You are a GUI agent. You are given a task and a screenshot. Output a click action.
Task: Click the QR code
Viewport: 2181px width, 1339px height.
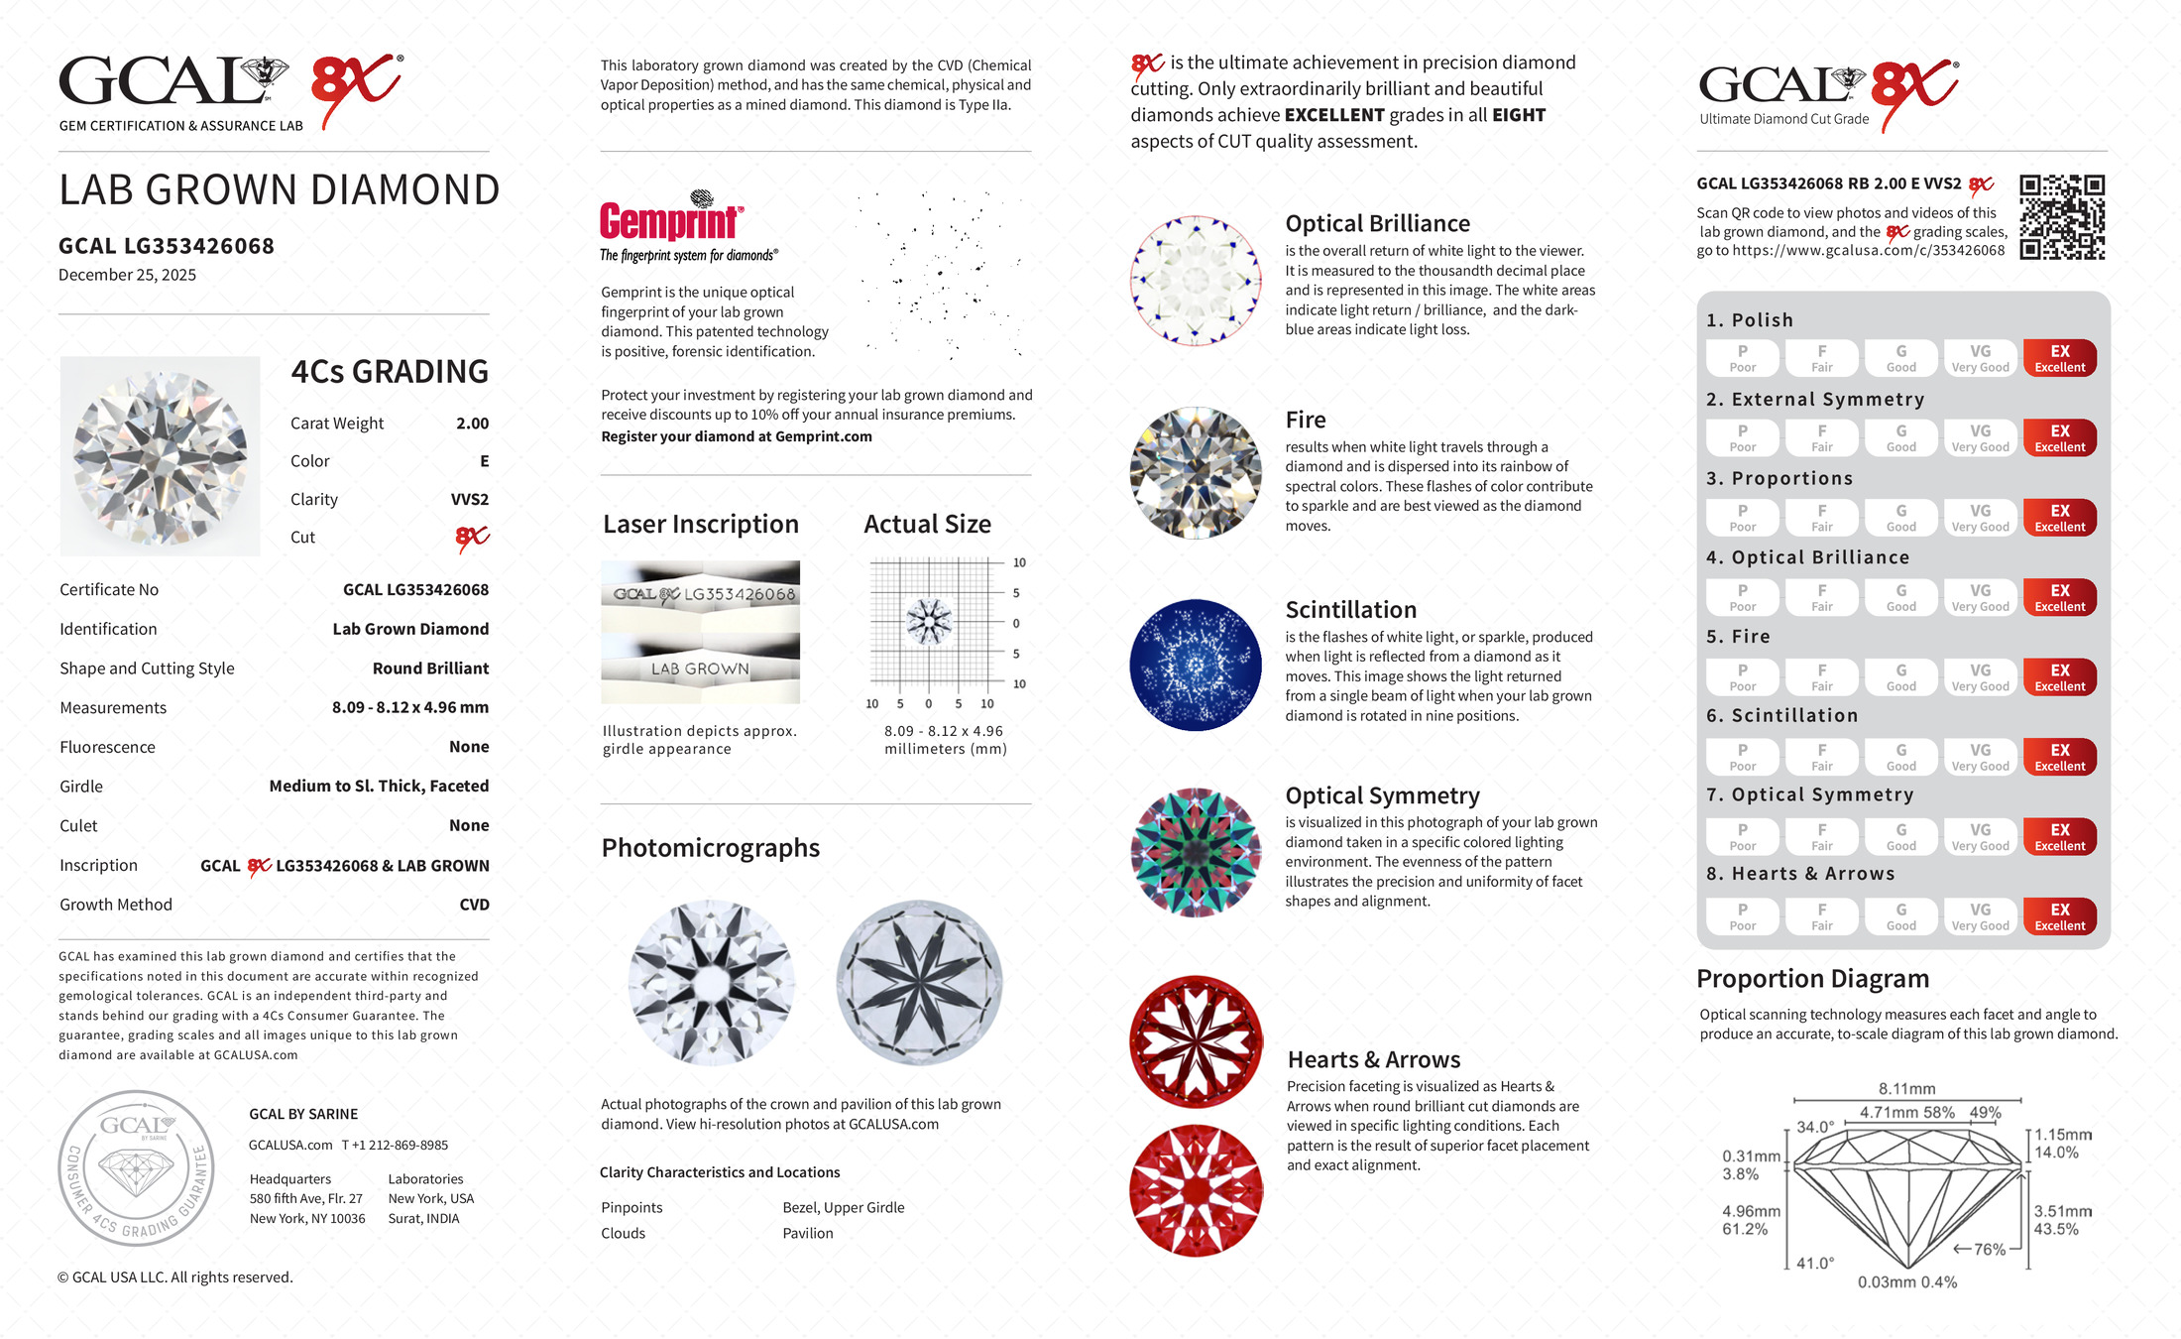[x=2062, y=217]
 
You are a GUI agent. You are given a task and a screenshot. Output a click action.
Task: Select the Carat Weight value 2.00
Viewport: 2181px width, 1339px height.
[x=472, y=424]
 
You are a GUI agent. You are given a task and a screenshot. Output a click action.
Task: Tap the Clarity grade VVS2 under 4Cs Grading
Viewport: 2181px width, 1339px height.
[x=470, y=500]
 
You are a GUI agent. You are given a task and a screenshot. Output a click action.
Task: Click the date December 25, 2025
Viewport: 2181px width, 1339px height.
[x=127, y=275]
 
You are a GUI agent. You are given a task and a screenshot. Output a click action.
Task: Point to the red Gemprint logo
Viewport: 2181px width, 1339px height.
[x=670, y=221]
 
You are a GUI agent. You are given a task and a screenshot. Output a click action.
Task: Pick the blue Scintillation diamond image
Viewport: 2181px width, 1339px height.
[x=1196, y=665]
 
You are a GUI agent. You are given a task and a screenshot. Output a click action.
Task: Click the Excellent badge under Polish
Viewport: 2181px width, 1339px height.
[x=2059, y=358]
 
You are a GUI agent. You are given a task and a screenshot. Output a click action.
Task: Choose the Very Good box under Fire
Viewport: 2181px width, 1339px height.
[x=1980, y=677]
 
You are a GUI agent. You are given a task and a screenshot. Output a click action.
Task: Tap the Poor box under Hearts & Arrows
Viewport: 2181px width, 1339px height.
[x=1742, y=916]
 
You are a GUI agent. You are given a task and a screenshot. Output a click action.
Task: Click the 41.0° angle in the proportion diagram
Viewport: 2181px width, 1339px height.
[x=1815, y=1263]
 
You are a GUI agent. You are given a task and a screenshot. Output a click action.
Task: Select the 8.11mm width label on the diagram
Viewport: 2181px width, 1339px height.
[x=1906, y=1088]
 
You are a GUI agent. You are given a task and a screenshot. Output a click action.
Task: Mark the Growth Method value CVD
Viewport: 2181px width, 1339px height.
[x=474, y=905]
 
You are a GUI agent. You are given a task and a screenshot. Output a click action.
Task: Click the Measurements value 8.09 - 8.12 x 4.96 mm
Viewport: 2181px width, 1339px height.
[x=409, y=707]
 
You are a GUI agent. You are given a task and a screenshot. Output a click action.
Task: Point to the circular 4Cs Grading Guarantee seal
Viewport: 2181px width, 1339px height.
[x=136, y=1167]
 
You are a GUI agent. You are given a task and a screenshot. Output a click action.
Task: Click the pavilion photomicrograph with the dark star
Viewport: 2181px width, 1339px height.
[x=919, y=982]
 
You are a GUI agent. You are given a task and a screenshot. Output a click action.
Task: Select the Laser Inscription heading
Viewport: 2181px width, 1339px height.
[x=700, y=524]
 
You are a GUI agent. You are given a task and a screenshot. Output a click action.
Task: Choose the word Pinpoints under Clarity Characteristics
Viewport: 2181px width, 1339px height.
[x=631, y=1207]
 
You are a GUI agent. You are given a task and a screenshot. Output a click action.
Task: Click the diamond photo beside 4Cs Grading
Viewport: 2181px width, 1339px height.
[x=160, y=456]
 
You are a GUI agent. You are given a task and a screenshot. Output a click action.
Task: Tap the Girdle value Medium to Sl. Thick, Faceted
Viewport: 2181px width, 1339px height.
[x=379, y=786]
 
